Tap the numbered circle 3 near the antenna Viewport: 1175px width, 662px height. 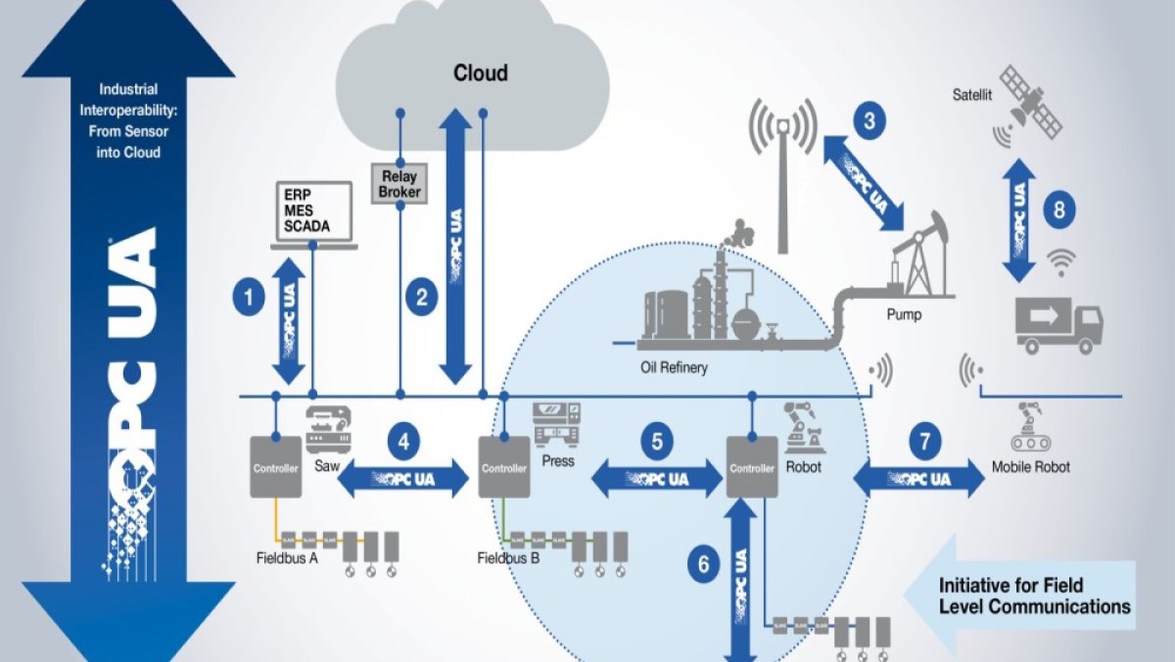pos(869,122)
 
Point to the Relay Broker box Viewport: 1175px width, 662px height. pos(399,184)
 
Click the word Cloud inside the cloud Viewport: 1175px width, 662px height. pos(480,73)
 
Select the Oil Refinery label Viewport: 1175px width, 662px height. pos(675,368)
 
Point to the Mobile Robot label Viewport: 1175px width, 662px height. pos(1030,467)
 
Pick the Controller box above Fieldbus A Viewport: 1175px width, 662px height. pos(275,466)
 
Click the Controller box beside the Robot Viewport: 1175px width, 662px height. pos(752,467)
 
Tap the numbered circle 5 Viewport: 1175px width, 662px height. pos(657,442)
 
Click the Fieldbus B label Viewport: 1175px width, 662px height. pos(509,559)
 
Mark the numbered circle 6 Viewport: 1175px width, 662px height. pos(700,564)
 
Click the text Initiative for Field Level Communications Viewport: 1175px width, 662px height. pos(1034,595)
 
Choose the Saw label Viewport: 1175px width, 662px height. pos(326,467)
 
